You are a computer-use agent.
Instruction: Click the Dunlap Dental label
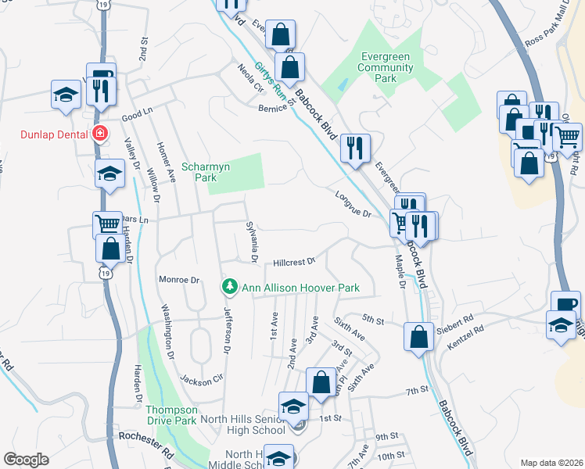click(53, 134)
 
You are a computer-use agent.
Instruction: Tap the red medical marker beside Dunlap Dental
click(99, 134)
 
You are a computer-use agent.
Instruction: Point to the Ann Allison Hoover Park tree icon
click(230, 288)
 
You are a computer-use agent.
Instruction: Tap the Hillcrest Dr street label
click(293, 262)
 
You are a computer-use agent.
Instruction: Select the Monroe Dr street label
click(179, 279)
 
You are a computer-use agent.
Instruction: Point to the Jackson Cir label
click(196, 381)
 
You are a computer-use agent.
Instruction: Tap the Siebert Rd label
click(458, 320)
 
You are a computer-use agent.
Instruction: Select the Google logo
click(26, 460)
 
